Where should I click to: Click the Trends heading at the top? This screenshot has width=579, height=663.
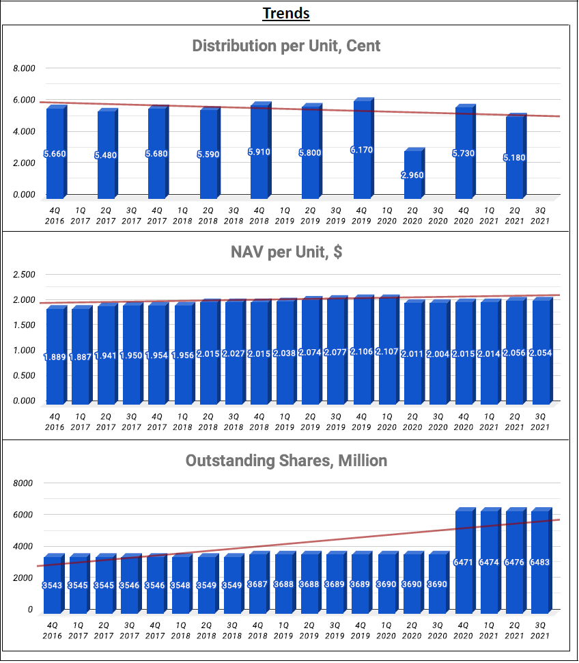click(x=286, y=13)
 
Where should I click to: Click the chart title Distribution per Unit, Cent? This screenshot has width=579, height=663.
click(x=286, y=46)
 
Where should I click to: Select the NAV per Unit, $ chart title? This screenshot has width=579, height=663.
click(x=286, y=252)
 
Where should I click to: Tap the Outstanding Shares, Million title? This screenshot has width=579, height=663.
click(x=286, y=461)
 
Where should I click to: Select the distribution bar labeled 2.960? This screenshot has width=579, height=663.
click(x=413, y=174)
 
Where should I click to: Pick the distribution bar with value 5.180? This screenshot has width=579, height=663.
click(x=516, y=157)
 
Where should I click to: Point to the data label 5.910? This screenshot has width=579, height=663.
click(x=259, y=152)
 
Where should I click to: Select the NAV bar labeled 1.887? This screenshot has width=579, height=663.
click(x=80, y=355)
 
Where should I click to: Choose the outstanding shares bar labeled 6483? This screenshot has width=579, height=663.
click(x=541, y=562)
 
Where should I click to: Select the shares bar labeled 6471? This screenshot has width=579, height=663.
click(x=464, y=562)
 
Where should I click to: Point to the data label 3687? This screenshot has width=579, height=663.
click(x=259, y=585)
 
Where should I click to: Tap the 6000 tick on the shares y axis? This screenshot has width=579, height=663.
click(x=25, y=515)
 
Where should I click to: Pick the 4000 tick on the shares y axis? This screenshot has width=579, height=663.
click(x=25, y=546)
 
